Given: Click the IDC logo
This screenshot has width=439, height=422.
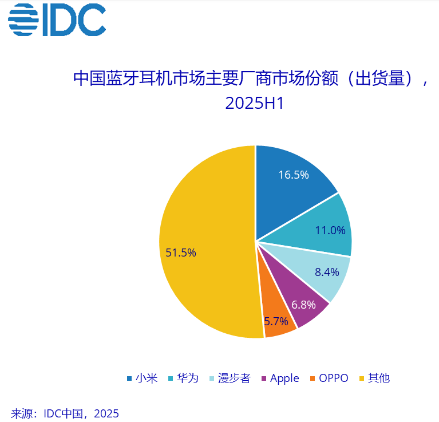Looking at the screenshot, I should pyautogui.click(x=57, y=21).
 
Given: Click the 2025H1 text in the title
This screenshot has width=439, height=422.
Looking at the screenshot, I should pyautogui.click(x=255, y=104).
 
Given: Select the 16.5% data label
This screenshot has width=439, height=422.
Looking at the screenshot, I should pyautogui.click(x=294, y=175).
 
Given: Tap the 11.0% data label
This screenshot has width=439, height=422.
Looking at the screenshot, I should pyautogui.click(x=330, y=230).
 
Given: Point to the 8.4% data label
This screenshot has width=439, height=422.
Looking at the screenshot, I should pyautogui.click(x=327, y=272).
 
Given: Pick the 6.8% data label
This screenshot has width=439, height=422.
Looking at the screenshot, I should pyautogui.click(x=303, y=305).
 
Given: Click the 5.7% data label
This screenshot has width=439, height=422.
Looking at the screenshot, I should pyautogui.click(x=276, y=321).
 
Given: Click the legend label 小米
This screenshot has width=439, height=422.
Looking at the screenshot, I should pyautogui.click(x=147, y=378).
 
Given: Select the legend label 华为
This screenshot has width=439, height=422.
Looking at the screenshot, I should pyautogui.click(x=188, y=378).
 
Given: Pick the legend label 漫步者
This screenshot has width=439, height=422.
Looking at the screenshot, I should pyautogui.click(x=234, y=378).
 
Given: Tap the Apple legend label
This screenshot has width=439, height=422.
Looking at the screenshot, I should pyautogui.click(x=284, y=378).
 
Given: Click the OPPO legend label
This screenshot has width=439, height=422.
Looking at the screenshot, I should pyautogui.click(x=334, y=378).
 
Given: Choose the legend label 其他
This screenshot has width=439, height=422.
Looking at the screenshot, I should pyautogui.click(x=379, y=378).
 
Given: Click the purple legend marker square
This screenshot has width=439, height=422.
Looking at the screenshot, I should pyautogui.click(x=264, y=378).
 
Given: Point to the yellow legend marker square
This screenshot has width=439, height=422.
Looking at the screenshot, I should pyautogui.click(x=362, y=378).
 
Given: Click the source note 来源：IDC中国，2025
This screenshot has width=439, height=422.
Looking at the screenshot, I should pyautogui.click(x=65, y=413).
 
